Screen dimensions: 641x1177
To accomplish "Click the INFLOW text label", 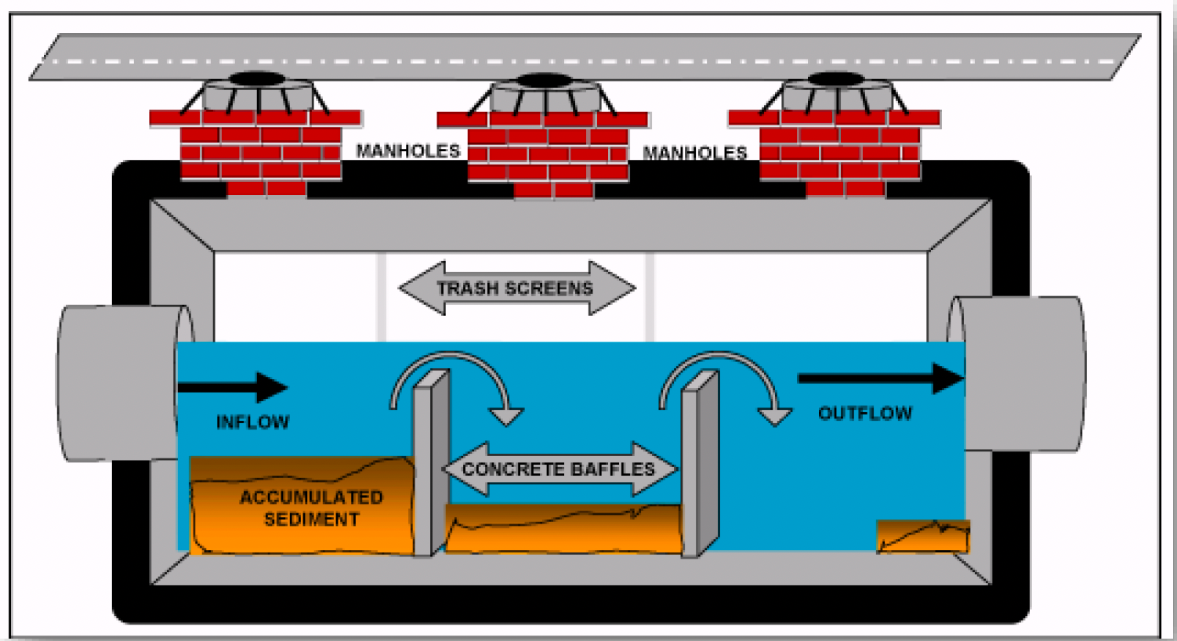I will coord(252,422).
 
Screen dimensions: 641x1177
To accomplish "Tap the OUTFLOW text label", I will coord(865,413).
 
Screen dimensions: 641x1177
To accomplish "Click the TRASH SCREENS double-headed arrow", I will coord(516,288).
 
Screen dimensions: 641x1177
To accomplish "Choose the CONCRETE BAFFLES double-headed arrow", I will coord(559,469).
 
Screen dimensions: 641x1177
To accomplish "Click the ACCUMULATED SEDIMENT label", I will coord(311,508).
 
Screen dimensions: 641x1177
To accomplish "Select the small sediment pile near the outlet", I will coord(922,538).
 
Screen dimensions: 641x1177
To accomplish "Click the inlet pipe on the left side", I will coord(118,382).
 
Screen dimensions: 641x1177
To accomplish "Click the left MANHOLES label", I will coord(407,150).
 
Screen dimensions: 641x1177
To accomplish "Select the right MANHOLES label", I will coord(694,153).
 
